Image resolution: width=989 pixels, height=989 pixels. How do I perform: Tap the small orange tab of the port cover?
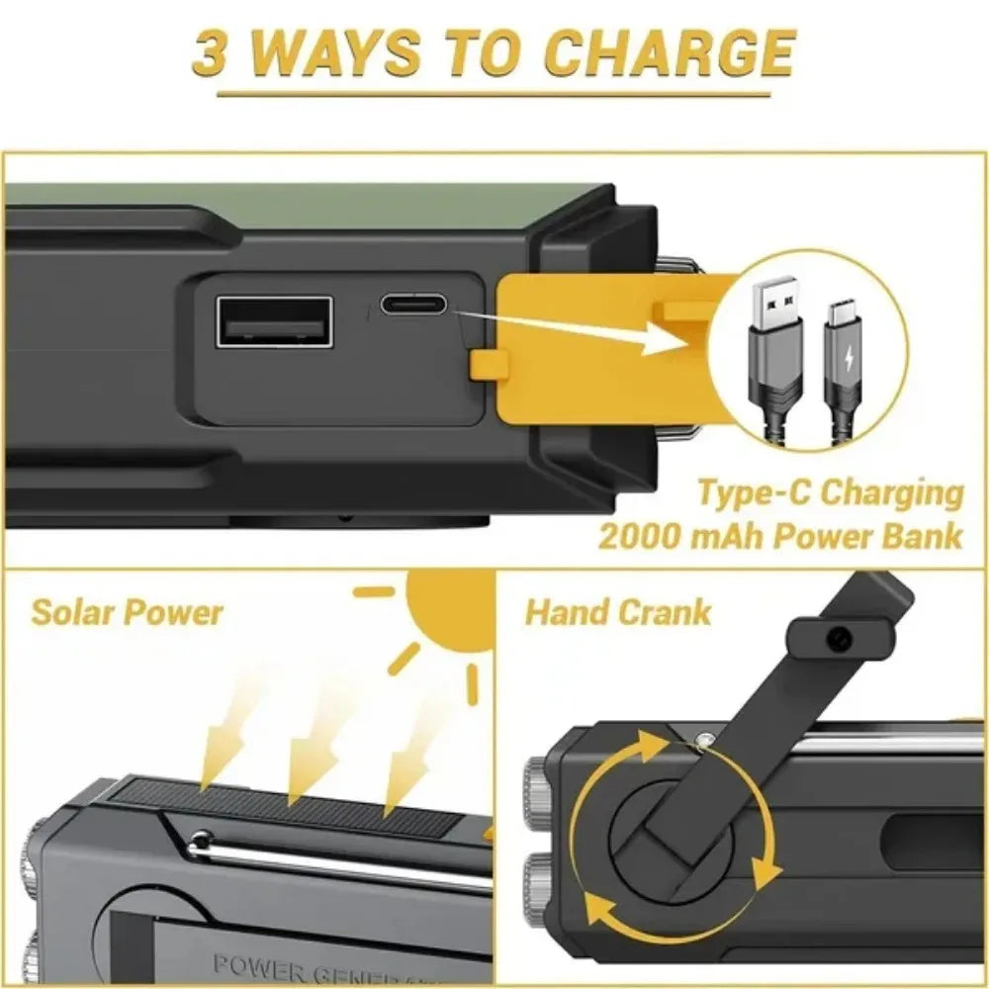pyautogui.click(x=484, y=364)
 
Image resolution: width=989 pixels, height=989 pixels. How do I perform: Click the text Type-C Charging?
pyautogui.click(x=830, y=492)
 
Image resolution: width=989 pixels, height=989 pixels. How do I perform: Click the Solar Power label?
pyautogui.click(x=127, y=612)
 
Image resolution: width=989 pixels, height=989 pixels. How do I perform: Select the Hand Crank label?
pyautogui.click(x=617, y=612)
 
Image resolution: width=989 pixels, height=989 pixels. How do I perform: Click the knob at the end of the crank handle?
pyautogui.click(x=839, y=639)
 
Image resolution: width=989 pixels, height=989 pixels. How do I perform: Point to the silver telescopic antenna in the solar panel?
pyautogui.click(x=336, y=860)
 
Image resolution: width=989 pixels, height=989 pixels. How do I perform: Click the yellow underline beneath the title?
pyautogui.click(x=494, y=96)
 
